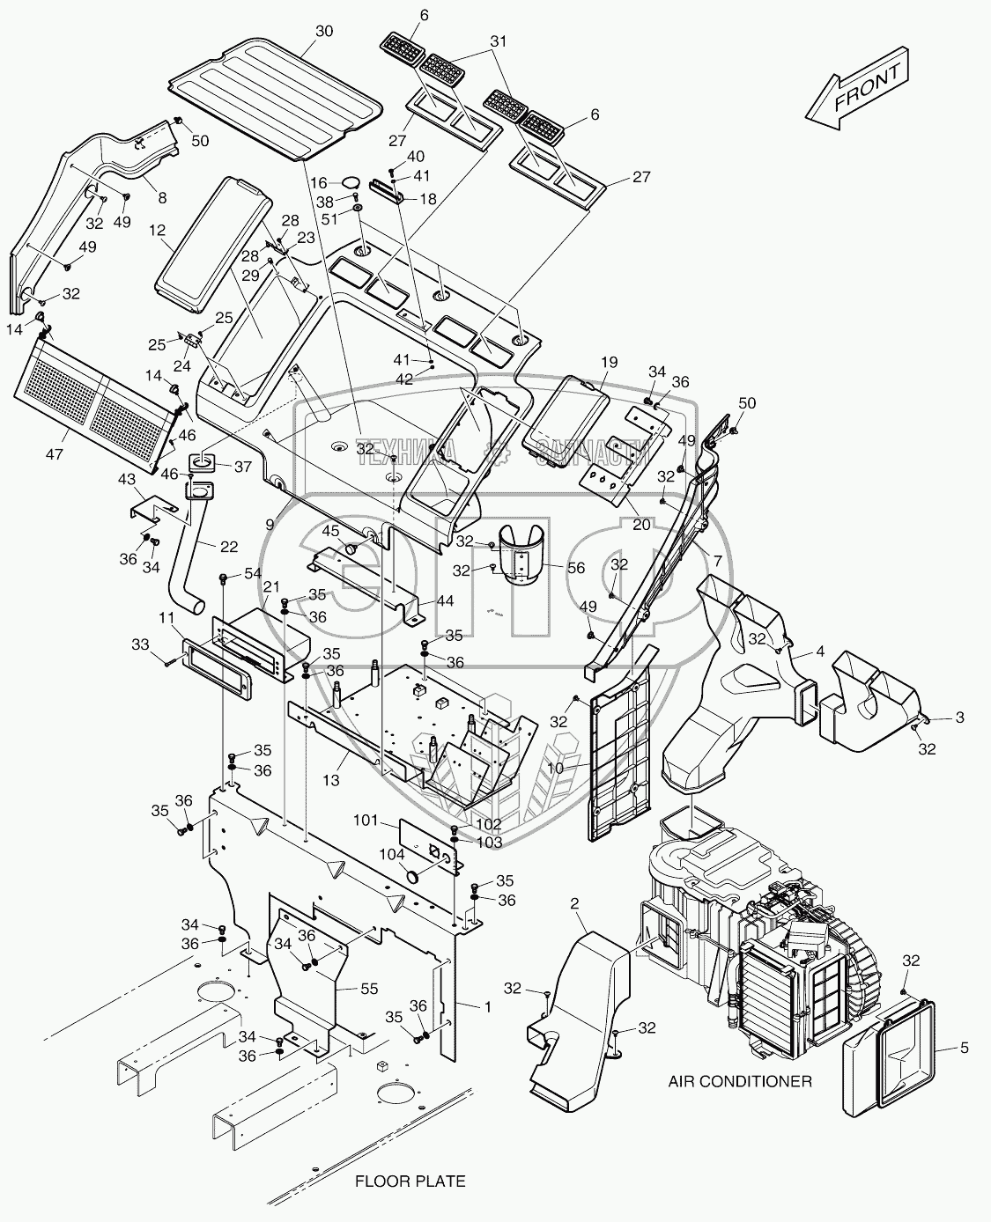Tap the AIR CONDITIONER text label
pos(740,1081)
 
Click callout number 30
pos(324,31)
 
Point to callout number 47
pos(55,454)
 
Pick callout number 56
pos(575,568)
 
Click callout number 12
pos(157,230)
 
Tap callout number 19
pos(609,362)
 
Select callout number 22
pos(229,547)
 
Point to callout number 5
pos(964,1048)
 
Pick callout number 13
pos(331,780)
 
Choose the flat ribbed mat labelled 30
pos(276,99)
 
